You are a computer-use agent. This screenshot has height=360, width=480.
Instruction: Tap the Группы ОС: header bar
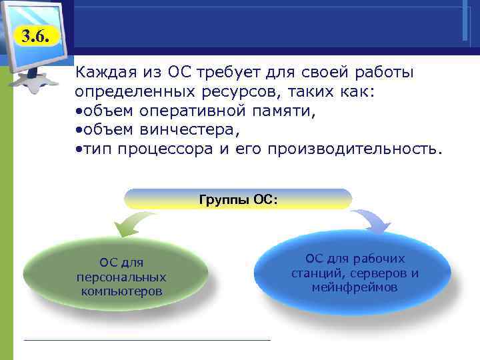[x=238, y=199]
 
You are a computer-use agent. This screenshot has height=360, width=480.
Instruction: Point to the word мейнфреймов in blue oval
[x=355, y=288]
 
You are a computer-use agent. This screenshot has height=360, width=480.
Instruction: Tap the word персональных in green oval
[x=121, y=277]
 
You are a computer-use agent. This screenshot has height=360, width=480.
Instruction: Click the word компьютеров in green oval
[x=121, y=291]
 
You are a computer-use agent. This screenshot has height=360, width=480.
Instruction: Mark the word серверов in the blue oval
[x=377, y=273]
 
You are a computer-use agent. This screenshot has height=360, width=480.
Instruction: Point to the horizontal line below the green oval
[x=147, y=340]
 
